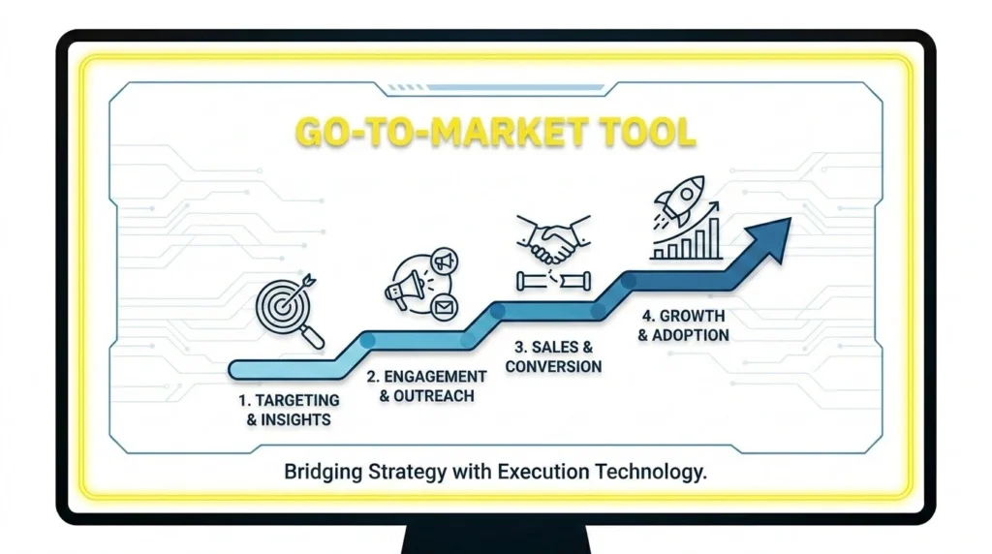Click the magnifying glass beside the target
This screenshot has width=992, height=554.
[x=314, y=335]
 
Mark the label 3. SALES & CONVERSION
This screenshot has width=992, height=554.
[x=553, y=356]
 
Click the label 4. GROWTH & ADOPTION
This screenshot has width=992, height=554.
[x=684, y=325]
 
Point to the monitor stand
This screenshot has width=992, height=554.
[x=496, y=539]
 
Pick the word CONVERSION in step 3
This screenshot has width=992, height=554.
[x=553, y=366]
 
